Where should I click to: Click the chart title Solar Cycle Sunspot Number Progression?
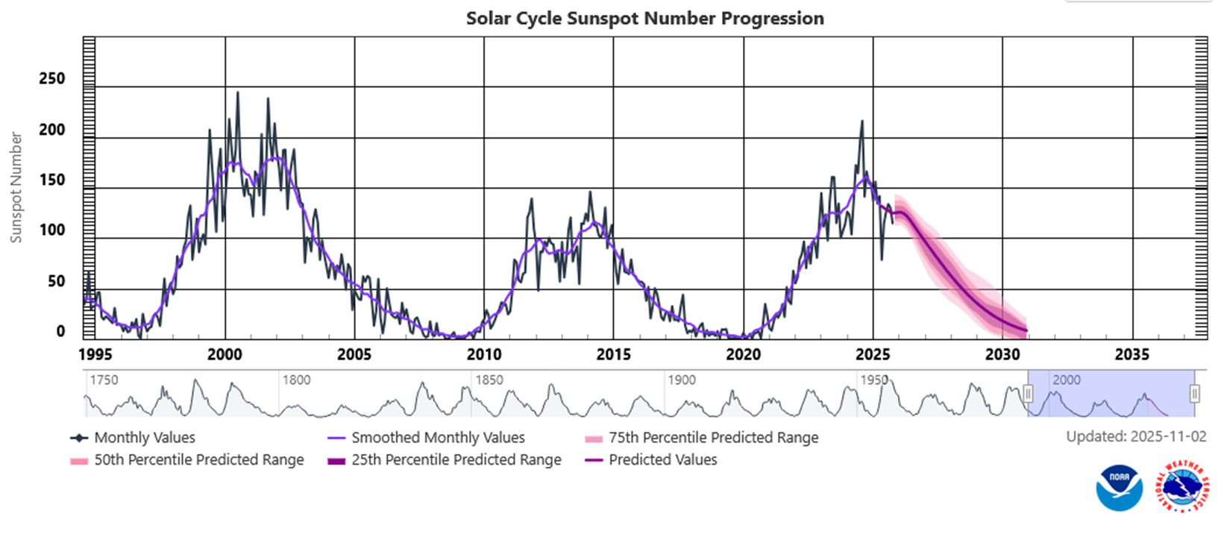[645, 18]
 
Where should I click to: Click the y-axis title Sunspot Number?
[16, 187]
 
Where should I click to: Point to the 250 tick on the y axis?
[51, 78]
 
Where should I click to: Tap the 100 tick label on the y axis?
[51, 230]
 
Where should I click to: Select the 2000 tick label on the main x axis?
[225, 354]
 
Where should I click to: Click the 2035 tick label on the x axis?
[1131, 354]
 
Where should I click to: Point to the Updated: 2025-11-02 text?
[1135, 437]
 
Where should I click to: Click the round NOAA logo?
[1119, 488]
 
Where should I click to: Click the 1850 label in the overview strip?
[489, 380]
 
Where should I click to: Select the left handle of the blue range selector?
[1028, 394]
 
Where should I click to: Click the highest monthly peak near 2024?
[861, 122]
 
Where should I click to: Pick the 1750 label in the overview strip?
[103, 380]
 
